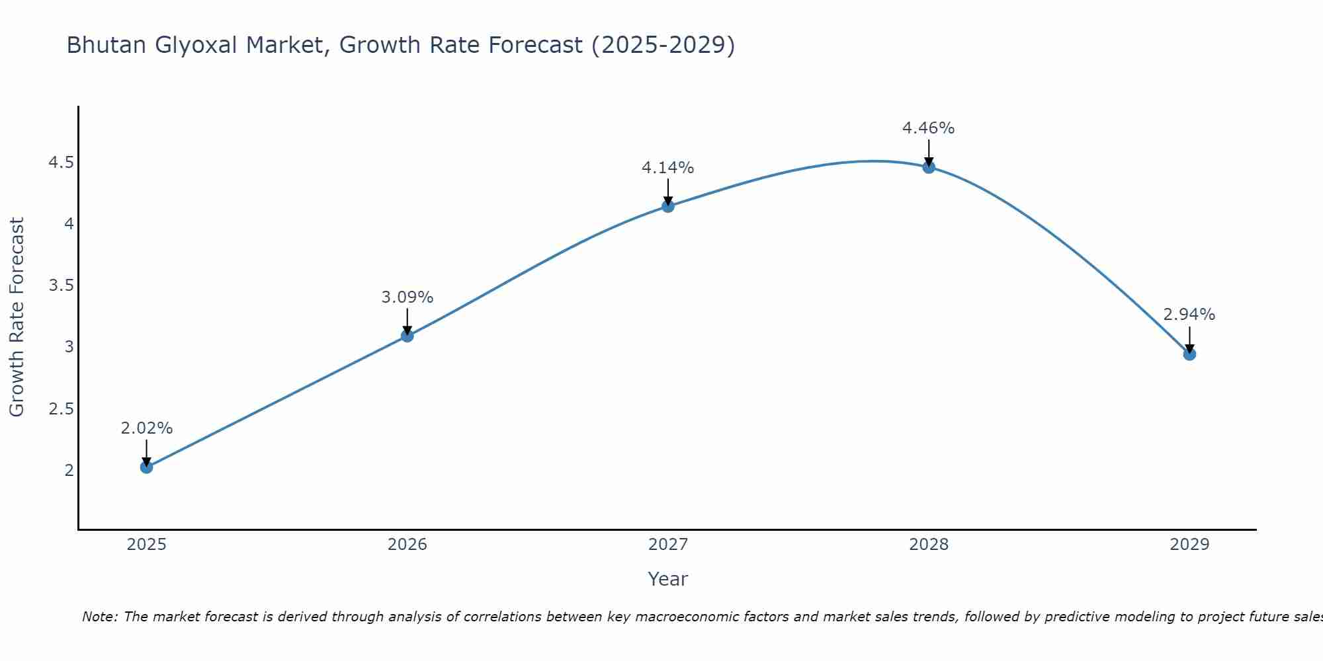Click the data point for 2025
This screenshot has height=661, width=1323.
(x=146, y=467)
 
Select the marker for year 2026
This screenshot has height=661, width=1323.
(x=407, y=336)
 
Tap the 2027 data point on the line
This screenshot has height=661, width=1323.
(x=668, y=206)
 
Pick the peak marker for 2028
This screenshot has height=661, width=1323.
(x=929, y=167)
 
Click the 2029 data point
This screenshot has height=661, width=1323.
(x=1189, y=354)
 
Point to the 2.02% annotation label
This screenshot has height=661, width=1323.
(x=146, y=428)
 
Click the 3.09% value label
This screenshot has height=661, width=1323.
(x=407, y=297)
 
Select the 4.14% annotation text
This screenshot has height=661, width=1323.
(x=668, y=168)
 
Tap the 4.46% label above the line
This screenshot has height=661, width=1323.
(x=929, y=128)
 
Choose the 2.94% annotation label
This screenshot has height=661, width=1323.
(x=1189, y=315)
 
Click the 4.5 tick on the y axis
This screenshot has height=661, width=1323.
(x=61, y=163)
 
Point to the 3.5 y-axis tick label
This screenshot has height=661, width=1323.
(x=61, y=286)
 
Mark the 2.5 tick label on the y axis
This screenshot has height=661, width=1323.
(x=61, y=409)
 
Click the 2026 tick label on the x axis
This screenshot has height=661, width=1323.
(x=407, y=545)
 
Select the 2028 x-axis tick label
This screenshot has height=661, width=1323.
(x=929, y=545)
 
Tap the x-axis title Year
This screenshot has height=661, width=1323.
(x=668, y=579)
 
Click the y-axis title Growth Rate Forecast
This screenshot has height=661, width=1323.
(x=17, y=317)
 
